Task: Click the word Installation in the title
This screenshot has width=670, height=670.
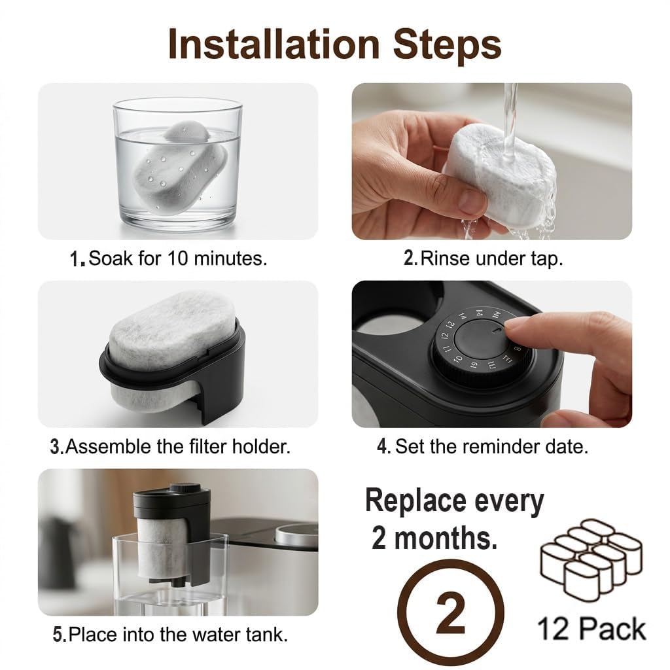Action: [x=274, y=44]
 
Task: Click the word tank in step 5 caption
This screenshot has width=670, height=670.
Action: [x=266, y=635]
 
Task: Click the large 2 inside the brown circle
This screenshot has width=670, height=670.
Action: [x=450, y=614]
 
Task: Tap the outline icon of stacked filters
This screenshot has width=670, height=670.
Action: [x=591, y=560]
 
